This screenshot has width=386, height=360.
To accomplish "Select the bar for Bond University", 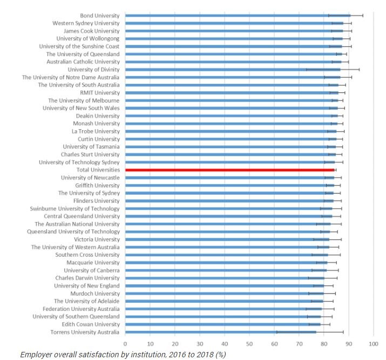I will click(x=238, y=16).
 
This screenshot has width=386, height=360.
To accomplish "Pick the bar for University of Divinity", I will click(x=232, y=70).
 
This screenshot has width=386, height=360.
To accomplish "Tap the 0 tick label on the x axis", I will click(x=125, y=343).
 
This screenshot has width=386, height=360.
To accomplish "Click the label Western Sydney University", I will click(x=86, y=23).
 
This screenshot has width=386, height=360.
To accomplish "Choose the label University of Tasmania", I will click(x=91, y=146).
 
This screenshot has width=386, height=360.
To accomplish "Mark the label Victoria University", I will click(x=97, y=239).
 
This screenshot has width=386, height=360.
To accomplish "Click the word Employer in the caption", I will click(x=34, y=355).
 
